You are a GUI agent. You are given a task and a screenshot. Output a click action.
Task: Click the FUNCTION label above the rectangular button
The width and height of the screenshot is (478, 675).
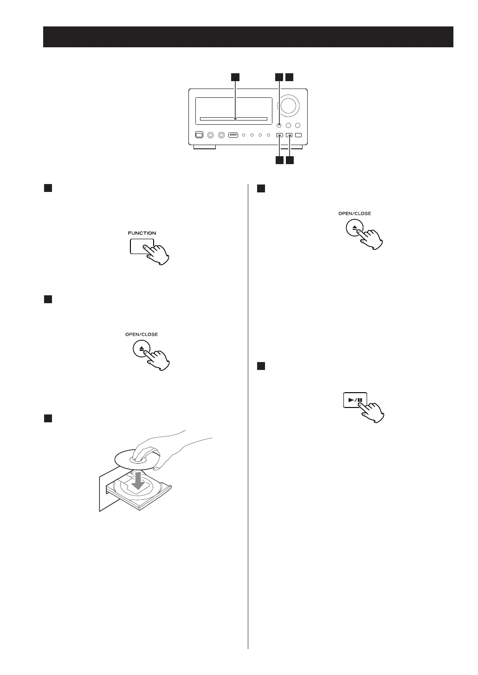(142, 233)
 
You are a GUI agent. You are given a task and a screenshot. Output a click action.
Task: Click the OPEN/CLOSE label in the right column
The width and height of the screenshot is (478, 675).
(355, 214)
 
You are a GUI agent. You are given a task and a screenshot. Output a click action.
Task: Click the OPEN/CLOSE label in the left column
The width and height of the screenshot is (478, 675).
(142, 334)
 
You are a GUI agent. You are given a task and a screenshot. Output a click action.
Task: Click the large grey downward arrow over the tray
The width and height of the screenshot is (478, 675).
(139, 482)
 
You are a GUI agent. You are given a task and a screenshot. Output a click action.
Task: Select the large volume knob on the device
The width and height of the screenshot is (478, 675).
(289, 106)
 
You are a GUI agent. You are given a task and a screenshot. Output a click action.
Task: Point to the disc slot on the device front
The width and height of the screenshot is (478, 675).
(233, 119)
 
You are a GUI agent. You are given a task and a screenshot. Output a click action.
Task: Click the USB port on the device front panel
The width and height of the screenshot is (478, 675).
(233, 135)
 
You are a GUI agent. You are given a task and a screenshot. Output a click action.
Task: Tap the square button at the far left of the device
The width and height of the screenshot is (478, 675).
(199, 135)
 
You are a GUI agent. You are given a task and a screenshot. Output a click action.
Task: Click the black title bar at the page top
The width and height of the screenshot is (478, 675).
(248, 37)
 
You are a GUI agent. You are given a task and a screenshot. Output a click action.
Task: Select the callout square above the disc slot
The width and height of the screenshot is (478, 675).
(236, 77)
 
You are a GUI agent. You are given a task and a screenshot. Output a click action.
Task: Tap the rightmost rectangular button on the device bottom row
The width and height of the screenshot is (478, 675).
(298, 135)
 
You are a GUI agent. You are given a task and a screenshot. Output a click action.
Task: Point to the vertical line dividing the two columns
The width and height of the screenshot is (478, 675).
(248, 417)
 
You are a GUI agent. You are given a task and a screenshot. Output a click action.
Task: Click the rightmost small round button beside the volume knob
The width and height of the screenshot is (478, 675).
(298, 125)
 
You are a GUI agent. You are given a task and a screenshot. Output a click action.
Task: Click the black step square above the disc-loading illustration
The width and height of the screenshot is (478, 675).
(47, 418)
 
